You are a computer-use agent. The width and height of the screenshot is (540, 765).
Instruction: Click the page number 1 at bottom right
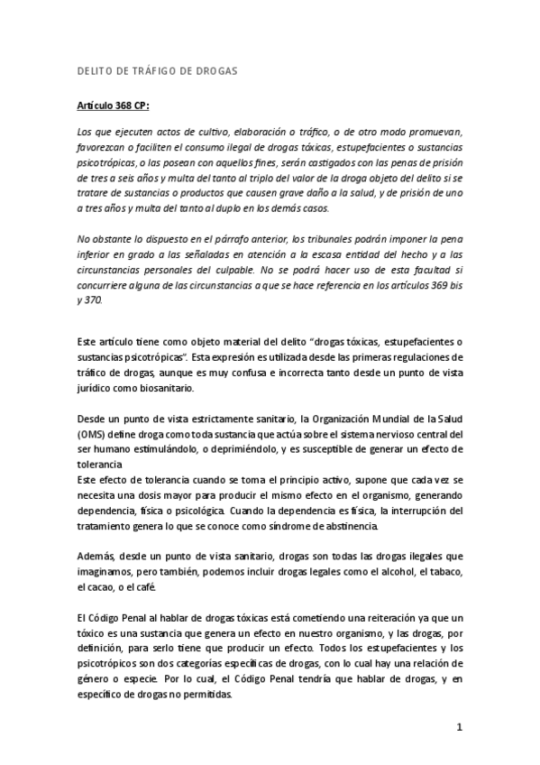pyautogui.click(x=459, y=727)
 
